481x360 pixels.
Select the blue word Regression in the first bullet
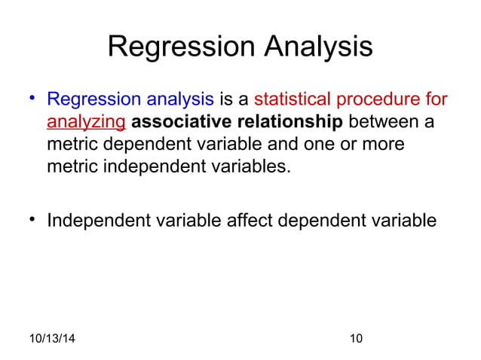pos(91,99)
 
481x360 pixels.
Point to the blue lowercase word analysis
pos(177,99)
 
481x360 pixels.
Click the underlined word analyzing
pos(86,122)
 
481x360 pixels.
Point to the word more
pos(379,144)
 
